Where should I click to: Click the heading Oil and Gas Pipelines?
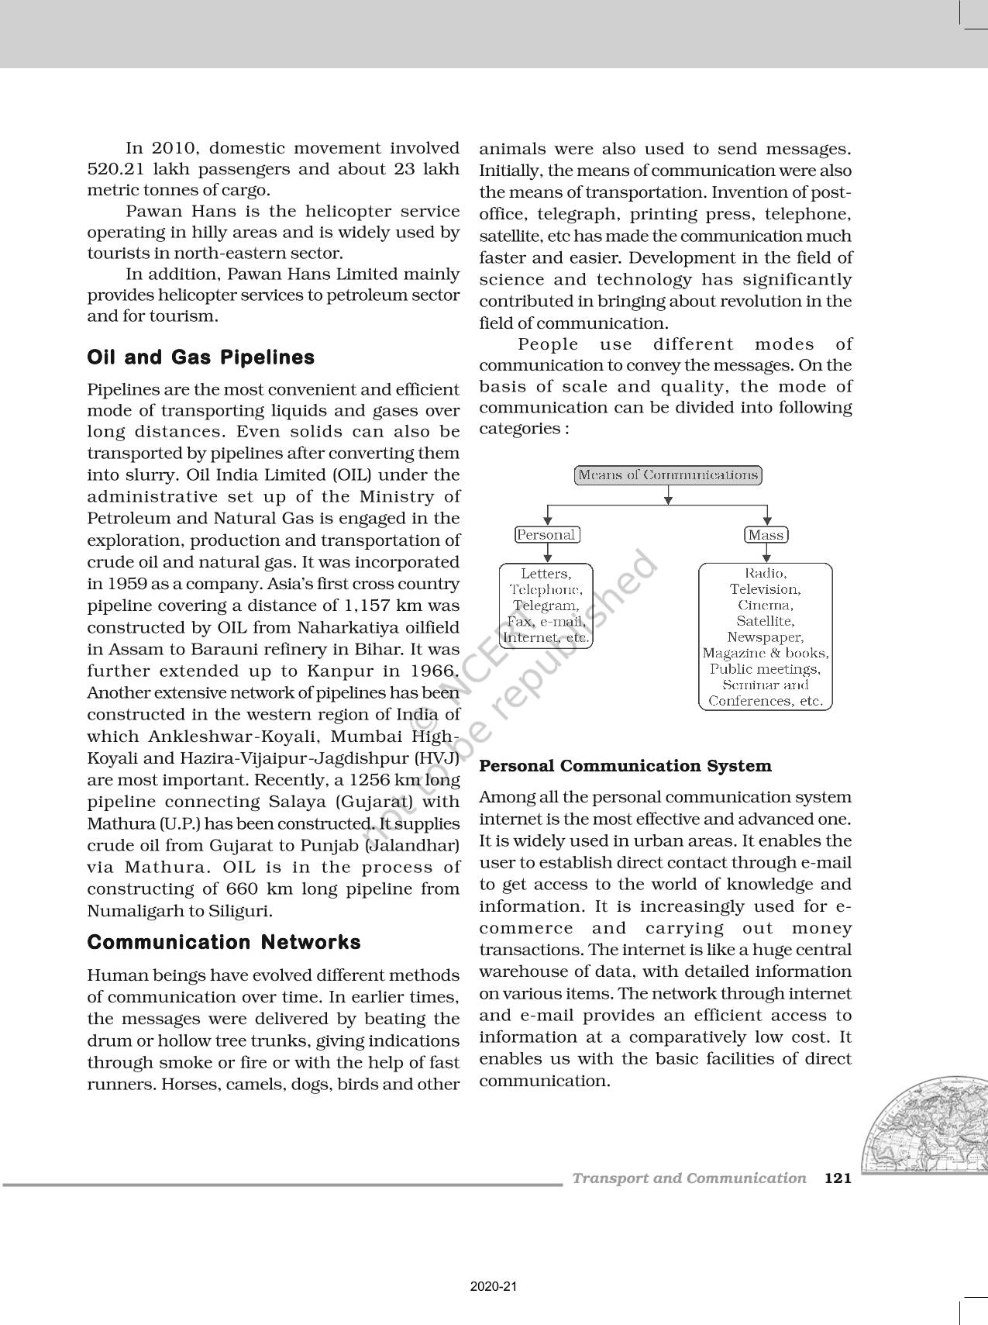pyautogui.click(x=201, y=357)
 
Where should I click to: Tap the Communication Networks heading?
pyautogui.click(x=224, y=942)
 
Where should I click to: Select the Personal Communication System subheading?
pyautogui.click(x=625, y=766)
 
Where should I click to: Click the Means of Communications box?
pyautogui.click(x=668, y=475)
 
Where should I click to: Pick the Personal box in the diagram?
pyautogui.click(x=547, y=535)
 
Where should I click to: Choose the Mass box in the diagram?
pyautogui.click(x=766, y=535)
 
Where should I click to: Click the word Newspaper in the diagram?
pyautogui.click(x=765, y=637)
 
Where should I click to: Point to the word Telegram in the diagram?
pyautogui.click(x=546, y=606)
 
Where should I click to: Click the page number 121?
pyautogui.click(x=838, y=1178)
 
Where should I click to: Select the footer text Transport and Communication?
pyautogui.click(x=689, y=1178)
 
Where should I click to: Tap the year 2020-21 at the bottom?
pyautogui.click(x=494, y=1286)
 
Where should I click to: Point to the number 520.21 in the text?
pyautogui.click(x=114, y=169)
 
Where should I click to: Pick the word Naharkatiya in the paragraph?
pyautogui.click(x=295, y=627)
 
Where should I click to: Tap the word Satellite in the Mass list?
pyautogui.click(x=765, y=621)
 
